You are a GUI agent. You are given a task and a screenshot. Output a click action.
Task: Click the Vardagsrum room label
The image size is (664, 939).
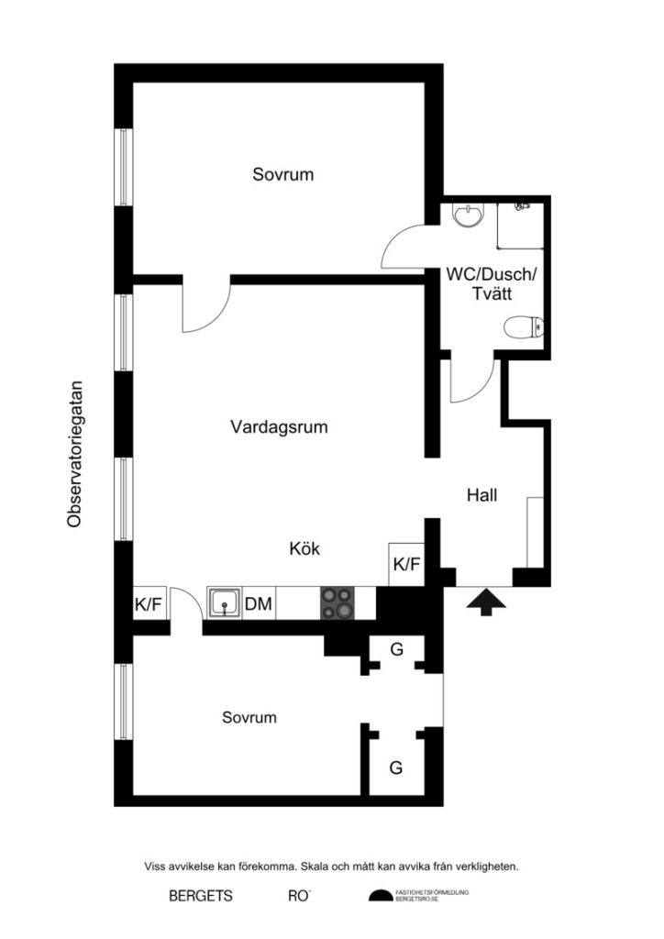coord(279,426)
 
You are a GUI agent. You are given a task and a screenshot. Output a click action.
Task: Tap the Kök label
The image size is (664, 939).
coord(304,549)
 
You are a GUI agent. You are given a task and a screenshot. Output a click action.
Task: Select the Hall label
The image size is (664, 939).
coord(481,495)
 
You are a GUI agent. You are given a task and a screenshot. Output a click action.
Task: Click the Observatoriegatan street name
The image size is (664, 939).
coord(75,454)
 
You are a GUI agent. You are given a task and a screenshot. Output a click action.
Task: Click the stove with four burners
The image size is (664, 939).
coord(337,602)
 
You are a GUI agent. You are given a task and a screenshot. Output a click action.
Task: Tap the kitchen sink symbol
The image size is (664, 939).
coord(224,603)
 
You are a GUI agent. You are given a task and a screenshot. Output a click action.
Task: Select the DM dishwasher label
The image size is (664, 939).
coord(259,603)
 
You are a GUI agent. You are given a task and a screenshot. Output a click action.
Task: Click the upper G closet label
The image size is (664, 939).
coord(396,650)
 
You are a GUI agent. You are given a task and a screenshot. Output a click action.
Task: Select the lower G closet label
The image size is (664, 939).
coord(396,768)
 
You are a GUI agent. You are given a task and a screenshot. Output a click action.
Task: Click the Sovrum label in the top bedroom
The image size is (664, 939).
coord(283,174)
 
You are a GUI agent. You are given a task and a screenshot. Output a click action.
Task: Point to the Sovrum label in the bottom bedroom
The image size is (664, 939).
coord(249,718)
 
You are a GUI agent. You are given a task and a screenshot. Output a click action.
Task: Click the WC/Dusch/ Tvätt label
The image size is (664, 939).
coord(492,283)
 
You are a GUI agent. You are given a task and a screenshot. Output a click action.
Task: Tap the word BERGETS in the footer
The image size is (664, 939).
coord(200,896)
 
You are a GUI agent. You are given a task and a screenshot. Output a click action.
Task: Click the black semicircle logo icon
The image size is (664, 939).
coord(380,896)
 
